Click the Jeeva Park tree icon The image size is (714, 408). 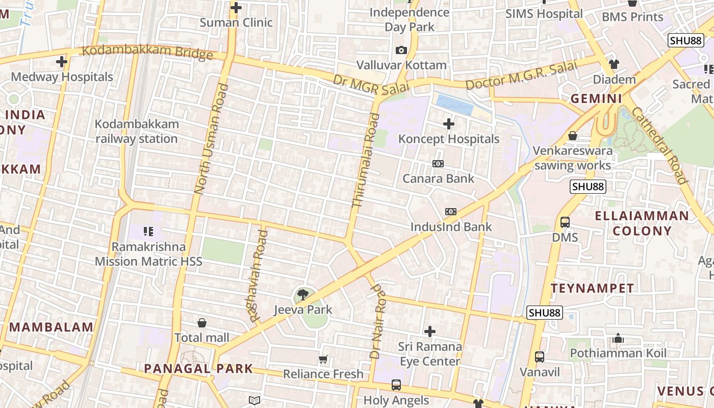pos(302,294)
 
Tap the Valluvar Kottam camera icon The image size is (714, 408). pos(401,50)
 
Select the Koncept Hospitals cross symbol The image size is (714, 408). pos(449,124)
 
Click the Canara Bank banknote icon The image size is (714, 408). pos(438,164)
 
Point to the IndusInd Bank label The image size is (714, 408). pos(451,227)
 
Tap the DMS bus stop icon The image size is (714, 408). pos(565,222)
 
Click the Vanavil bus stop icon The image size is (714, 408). pos(540,357)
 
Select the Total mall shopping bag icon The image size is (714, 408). pos(202,323)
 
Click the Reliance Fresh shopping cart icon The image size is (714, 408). pos(323,360)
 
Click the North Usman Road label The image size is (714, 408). pos(211,139)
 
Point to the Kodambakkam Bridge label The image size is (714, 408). pos(147,52)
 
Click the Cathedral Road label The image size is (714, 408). pos(660,145)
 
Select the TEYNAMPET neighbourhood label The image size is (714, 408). pos(592,288)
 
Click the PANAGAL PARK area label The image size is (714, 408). pos(198,368)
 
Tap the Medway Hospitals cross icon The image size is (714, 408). pos(62,62)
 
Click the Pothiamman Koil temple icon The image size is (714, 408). pos(618,338)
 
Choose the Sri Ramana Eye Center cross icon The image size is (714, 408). pos(430,331)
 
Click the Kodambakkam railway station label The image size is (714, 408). pos(137,131)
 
